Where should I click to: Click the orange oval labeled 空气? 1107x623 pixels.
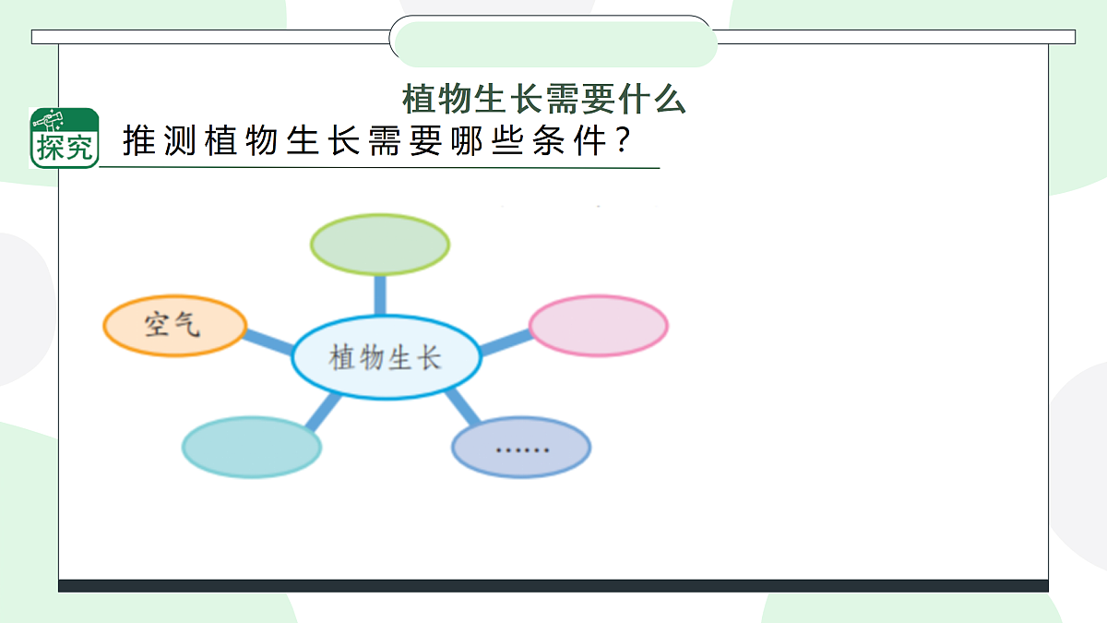(x=174, y=326)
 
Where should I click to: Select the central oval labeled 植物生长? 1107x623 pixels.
(x=387, y=358)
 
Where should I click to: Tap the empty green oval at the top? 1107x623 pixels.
(x=379, y=245)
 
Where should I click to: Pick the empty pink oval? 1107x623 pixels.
(x=599, y=326)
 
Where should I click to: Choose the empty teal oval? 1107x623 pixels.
(x=252, y=447)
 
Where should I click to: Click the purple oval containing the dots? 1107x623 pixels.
(x=521, y=448)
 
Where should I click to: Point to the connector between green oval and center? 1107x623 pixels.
(x=379, y=294)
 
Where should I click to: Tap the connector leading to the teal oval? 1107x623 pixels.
(x=322, y=412)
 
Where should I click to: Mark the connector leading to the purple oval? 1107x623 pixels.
(x=458, y=406)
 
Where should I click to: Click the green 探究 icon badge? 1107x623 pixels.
(x=65, y=138)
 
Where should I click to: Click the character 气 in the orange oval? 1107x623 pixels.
(x=186, y=324)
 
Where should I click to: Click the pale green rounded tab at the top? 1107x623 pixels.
(x=553, y=43)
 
